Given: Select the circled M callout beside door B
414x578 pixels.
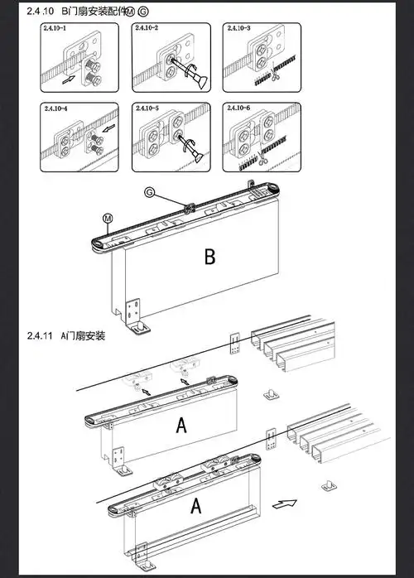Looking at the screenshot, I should (108, 218).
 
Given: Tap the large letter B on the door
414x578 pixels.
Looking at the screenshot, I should (210, 257).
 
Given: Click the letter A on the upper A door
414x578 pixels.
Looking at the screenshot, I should (181, 426).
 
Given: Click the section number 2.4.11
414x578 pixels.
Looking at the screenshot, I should (39, 335).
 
